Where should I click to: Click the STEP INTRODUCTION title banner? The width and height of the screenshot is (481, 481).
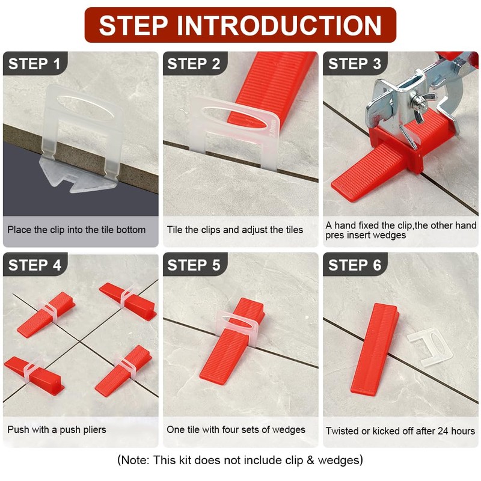240,25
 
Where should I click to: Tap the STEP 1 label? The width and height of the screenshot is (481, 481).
34,64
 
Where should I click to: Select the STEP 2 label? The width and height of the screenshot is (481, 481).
194,64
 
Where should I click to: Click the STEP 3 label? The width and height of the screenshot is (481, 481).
355,64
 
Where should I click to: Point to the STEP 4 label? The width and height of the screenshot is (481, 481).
34,265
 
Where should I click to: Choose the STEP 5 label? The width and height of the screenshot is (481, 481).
194,265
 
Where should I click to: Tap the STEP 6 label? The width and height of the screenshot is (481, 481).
355,265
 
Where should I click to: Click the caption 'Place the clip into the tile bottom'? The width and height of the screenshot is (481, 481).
76,230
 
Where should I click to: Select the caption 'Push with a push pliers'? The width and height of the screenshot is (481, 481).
57,429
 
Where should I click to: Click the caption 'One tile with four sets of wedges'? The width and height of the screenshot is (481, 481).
236,429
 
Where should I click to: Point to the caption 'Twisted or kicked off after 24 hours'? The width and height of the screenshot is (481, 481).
400,430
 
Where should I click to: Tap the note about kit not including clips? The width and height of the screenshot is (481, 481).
240,461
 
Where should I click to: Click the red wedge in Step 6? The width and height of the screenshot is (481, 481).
373,349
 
